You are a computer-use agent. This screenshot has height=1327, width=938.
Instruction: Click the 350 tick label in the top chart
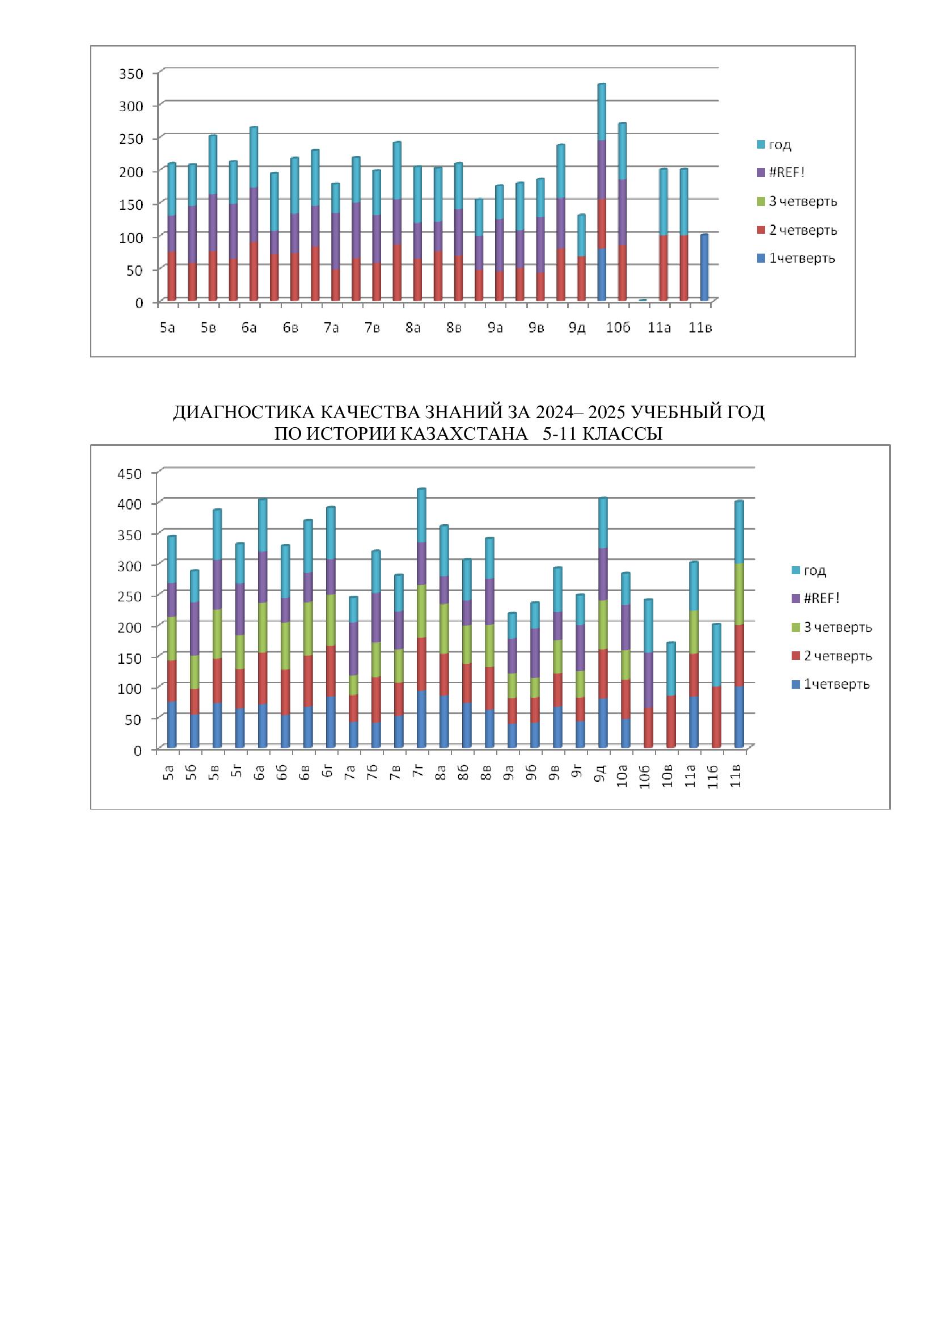coord(130,73)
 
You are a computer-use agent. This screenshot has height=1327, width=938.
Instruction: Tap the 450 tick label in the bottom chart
coord(129,474)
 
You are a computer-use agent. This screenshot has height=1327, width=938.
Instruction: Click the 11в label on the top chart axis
coord(700,328)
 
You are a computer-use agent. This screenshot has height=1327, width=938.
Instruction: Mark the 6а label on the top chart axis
coord(249,328)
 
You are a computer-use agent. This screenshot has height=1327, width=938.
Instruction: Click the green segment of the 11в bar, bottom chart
coord(739,594)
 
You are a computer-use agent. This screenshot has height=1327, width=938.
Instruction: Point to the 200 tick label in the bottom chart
coord(129,626)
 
